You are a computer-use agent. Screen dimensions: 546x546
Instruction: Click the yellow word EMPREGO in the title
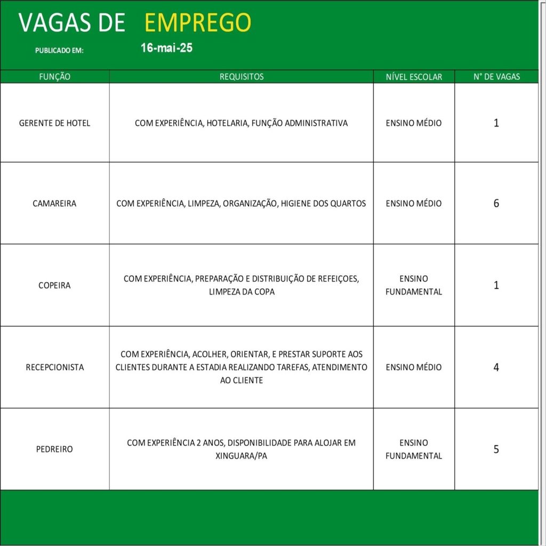(198, 22)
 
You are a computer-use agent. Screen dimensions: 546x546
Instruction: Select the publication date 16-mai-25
(166, 48)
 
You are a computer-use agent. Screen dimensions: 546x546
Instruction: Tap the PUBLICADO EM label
(59, 51)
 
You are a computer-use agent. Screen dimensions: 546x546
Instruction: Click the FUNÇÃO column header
(54, 77)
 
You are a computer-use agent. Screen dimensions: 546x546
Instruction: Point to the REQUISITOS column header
(242, 77)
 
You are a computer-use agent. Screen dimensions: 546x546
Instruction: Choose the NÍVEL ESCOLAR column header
(414, 77)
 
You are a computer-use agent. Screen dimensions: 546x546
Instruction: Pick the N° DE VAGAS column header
(496, 77)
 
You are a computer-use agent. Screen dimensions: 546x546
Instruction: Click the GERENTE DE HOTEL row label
(54, 123)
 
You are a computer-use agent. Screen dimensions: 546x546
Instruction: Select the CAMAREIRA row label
(54, 204)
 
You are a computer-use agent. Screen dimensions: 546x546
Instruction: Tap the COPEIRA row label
(54, 285)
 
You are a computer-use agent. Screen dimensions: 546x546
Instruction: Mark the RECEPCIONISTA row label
(54, 367)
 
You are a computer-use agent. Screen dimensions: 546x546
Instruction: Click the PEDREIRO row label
(54, 449)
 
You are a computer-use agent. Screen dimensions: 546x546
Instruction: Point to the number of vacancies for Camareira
(496, 204)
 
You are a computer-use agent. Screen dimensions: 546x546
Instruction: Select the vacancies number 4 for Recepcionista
(496, 367)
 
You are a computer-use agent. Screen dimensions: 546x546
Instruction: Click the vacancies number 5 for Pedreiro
(496, 449)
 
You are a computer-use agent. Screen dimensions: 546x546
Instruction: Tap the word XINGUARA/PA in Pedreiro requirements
(242, 456)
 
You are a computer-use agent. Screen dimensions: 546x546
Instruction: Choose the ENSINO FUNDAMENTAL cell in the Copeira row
(414, 285)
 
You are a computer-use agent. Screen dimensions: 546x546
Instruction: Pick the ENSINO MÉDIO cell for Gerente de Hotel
(414, 123)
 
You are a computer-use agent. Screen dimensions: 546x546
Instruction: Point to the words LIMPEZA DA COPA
(242, 292)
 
